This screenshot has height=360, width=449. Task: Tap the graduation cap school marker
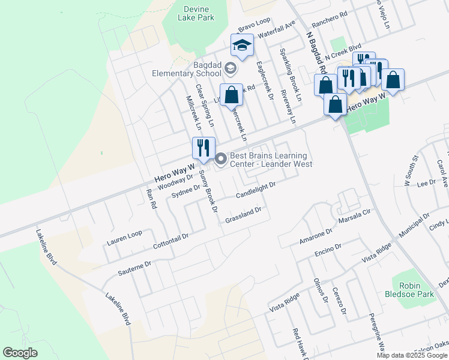[243, 46]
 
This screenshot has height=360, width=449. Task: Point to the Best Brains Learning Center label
[271, 159]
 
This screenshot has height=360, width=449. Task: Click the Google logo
[20, 353]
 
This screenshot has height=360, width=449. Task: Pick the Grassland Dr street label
[244, 215]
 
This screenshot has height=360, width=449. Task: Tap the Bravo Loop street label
[255, 26]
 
